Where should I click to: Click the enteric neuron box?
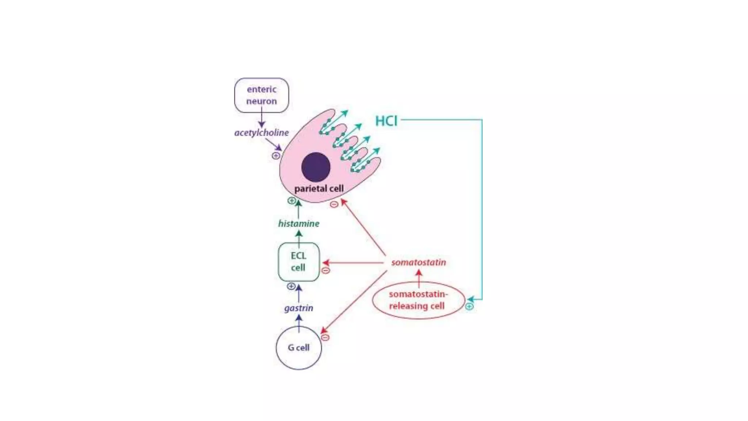(262, 95)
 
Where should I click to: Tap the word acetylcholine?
(262, 133)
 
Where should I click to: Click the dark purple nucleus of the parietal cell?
(316, 167)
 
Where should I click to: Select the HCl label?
(386, 121)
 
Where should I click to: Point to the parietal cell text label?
(319, 189)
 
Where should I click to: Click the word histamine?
(299, 224)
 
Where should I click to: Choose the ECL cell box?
(298, 262)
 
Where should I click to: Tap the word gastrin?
(299, 308)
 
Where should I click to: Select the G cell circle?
(299, 348)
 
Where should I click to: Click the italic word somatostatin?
(419, 262)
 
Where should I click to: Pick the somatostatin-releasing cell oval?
(418, 300)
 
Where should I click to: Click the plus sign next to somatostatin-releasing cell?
(469, 307)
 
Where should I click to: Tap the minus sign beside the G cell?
(325, 337)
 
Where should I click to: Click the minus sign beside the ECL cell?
(325, 270)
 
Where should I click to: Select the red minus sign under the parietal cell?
(334, 204)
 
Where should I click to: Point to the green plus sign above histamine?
(291, 201)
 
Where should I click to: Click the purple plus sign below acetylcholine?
(276, 156)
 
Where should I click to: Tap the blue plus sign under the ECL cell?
(291, 286)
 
